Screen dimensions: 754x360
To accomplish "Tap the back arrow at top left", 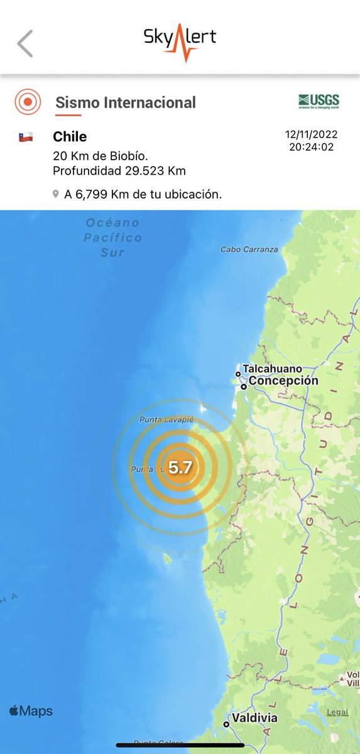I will [x=25, y=43].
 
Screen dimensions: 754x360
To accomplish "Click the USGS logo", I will [x=319, y=101].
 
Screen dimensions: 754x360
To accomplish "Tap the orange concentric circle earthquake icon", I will [x=28, y=102].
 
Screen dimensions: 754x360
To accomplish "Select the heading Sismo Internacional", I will [x=126, y=102].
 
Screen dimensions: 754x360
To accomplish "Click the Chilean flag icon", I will [x=26, y=137].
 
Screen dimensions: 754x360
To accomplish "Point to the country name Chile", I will [x=70, y=137].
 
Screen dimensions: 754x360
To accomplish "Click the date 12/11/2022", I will [x=312, y=134].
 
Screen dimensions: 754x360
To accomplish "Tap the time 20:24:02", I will [x=312, y=147].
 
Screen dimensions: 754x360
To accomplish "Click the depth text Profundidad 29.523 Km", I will [x=119, y=171].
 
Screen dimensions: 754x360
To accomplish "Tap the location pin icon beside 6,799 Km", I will [x=56, y=195].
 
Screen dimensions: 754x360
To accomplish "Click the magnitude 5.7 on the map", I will [x=180, y=467].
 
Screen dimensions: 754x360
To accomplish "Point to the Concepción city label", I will [x=283, y=381].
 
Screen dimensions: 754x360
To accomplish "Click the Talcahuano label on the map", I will [x=273, y=369].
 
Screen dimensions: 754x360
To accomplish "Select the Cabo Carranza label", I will [x=249, y=249].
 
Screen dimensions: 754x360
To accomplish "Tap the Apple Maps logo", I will [x=31, y=711].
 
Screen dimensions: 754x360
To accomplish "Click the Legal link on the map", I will [x=337, y=712].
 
